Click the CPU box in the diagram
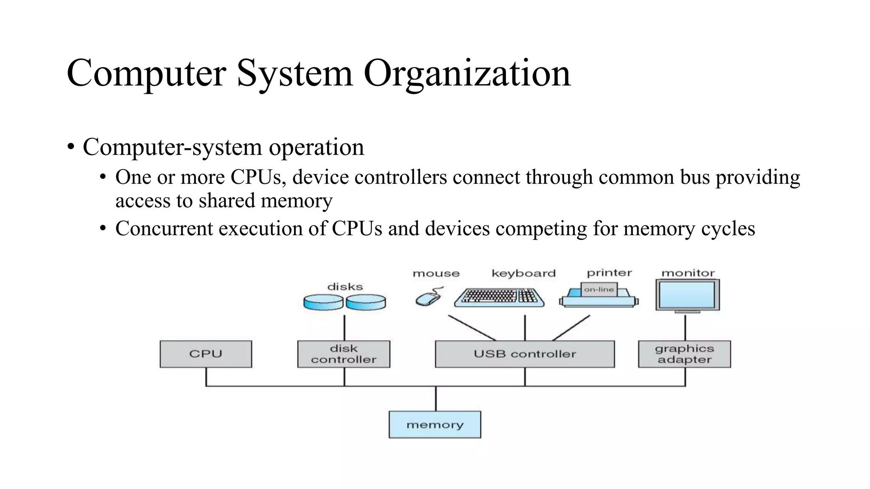click(x=206, y=354)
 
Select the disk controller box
click(x=344, y=354)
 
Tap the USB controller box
click(x=525, y=354)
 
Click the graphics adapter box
click(x=684, y=354)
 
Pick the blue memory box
click(x=435, y=424)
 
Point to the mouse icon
click(x=428, y=298)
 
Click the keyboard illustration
click(x=499, y=297)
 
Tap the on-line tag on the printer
click(x=599, y=289)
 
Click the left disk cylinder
click(x=323, y=302)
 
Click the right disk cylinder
click(x=366, y=302)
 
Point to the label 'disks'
click(x=345, y=287)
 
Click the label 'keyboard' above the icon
click(x=523, y=273)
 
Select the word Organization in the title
click(x=467, y=74)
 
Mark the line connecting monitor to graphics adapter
click(x=685, y=328)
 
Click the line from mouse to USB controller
click(x=472, y=328)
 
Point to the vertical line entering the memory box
click(x=436, y=399)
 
